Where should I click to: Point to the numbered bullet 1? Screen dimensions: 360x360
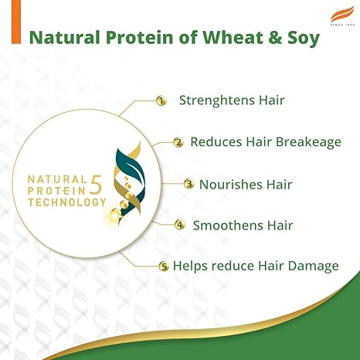161,100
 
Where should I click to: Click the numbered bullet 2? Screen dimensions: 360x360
178,142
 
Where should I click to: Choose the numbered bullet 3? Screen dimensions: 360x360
188,184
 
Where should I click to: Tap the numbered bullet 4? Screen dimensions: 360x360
180,226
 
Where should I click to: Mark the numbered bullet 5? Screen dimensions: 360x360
163,267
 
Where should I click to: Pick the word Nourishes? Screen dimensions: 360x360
229,184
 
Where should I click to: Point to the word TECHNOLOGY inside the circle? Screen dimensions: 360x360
66,202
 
